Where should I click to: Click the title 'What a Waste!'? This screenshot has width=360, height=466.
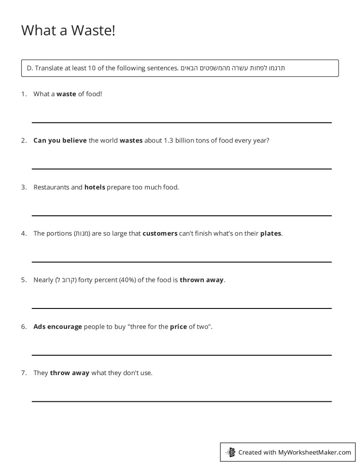tap(68, 30)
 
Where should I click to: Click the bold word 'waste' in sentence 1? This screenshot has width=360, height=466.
tap(66, 94)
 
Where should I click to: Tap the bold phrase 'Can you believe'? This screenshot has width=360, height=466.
tap(60, 140)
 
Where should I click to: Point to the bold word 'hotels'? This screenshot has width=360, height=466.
tap(94, 187)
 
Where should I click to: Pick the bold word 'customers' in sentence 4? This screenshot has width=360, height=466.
tap(160, 233)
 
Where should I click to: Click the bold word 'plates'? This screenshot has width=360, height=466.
tap(270, 233)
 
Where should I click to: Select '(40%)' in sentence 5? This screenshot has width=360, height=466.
tap(127, 280)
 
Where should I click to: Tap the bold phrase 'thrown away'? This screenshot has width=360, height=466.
tap(202, 280)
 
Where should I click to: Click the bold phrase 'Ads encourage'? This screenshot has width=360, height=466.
tap(58, 327)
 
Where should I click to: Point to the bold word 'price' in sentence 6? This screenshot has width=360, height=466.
tap(178, 327)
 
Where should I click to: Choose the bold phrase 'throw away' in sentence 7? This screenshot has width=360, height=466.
tap(70, 373)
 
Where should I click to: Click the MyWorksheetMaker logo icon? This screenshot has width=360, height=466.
tap(230, 452)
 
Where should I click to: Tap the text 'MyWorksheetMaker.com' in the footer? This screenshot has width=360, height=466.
tap(315, 452)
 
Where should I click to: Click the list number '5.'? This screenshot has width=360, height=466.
tap(24, 280)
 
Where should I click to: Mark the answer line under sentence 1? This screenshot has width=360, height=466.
tap(181, 122)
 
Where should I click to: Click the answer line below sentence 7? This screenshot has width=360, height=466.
tap(181, 401)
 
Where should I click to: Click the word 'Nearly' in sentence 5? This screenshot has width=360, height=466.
tap(43, 280)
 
